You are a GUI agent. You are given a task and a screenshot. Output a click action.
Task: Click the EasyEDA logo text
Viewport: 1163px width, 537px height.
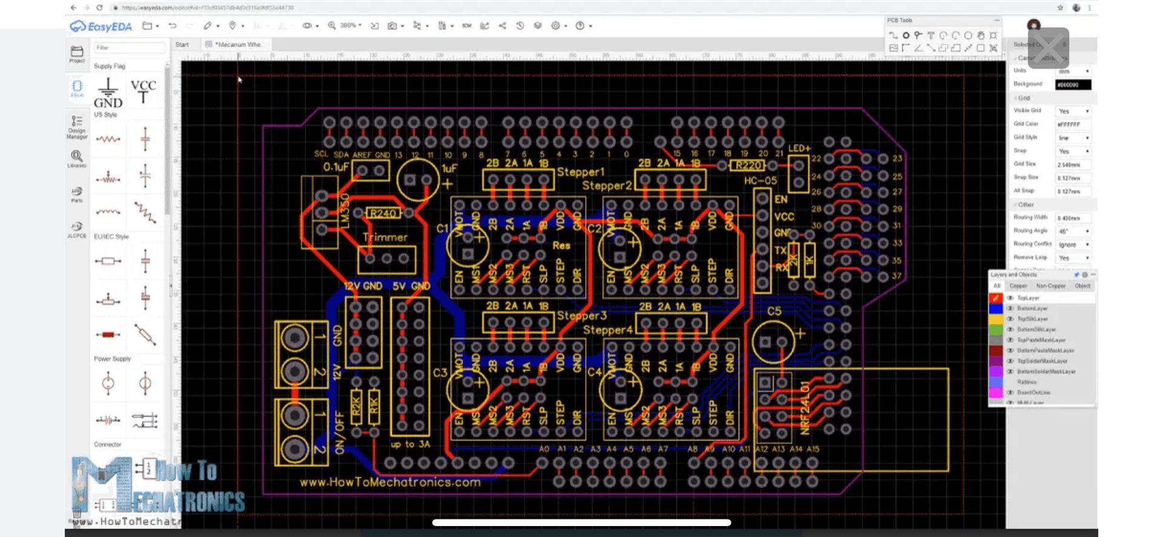(109, 27)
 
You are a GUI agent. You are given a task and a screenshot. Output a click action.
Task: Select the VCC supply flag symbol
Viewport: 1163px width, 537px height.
(144, 91)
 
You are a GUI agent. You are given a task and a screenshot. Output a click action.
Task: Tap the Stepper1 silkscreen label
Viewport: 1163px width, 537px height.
(580, 172)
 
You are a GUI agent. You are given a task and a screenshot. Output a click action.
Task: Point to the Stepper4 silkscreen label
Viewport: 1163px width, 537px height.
(607, 331)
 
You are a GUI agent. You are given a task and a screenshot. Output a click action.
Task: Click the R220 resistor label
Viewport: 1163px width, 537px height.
(748, 165)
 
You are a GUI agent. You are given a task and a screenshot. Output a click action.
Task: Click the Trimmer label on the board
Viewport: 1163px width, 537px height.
(385, 237)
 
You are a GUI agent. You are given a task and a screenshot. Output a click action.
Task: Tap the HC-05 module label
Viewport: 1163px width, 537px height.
(760, 180)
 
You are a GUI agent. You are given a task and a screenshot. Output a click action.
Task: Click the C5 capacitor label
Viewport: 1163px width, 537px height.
(774, 311)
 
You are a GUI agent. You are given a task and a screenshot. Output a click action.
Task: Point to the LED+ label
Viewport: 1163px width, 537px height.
(798, 148)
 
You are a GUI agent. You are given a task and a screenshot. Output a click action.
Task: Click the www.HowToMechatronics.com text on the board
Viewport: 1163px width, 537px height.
(390, 483)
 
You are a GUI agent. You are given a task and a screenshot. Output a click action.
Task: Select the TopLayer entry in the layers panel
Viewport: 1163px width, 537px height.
(1028, 298)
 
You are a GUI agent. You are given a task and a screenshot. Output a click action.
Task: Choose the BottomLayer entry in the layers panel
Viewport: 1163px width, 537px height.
(1032, 308)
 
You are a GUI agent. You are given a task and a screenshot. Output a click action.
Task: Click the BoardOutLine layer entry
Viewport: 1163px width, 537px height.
(1033, 392)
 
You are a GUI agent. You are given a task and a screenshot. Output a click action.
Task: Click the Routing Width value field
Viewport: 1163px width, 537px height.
(1073, 218)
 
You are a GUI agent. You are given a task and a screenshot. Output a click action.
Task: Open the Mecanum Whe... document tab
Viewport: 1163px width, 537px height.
(240, 44)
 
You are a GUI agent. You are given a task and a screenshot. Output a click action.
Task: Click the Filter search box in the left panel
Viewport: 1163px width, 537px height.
(128, 47)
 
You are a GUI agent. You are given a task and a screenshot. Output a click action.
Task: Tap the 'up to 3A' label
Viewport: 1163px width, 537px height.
(410, 444)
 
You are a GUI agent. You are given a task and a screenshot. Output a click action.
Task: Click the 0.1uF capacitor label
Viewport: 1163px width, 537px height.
(335, 167)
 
